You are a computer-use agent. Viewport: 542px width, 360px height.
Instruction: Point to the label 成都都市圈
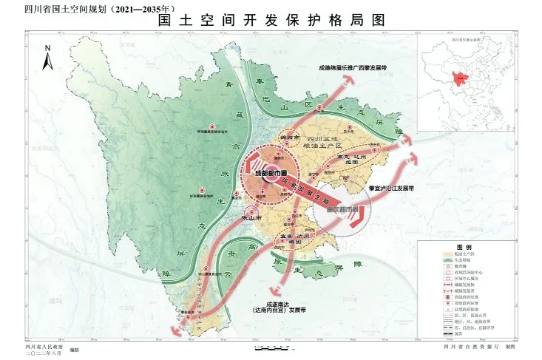(269, 174)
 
